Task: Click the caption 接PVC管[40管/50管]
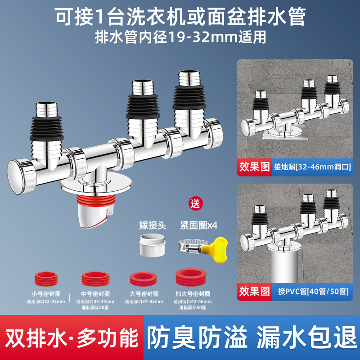tap(310, 291)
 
